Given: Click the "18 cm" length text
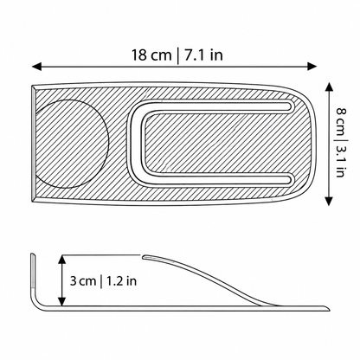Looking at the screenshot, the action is pyautogui.click(x=151, y=55).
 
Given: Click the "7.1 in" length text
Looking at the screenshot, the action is pyautogui.click(x=203, y=55).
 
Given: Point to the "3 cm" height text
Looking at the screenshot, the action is pyautogui.click(x=83, y=280).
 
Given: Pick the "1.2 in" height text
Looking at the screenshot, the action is pyautogui.click(x=121, y=280).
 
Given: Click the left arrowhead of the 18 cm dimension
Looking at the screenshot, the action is pyautogui.click(x=36, y=67).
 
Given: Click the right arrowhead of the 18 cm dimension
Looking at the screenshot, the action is pyautogui.click(x=312, y=67).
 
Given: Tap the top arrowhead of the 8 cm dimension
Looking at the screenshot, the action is pyautogui.click(x=329, y=87).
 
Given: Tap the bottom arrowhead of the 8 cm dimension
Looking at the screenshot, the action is pyautogui.click(x=329, y=201).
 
